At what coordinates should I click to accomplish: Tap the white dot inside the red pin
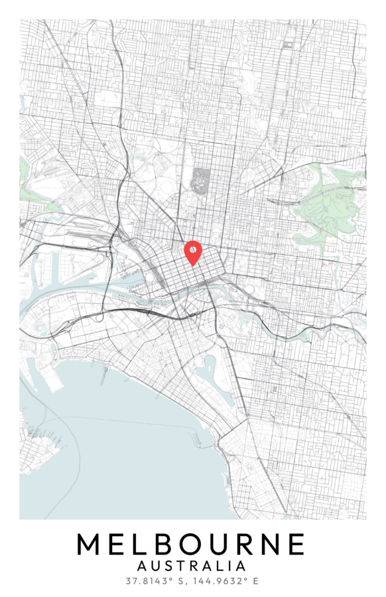[x=192, y=249]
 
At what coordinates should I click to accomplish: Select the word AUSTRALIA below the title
[x=191, y=566]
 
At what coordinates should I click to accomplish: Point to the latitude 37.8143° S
[x=156, y=581]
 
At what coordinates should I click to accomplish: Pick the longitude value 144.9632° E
[x=225, y=581]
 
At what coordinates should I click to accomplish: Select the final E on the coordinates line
[x=255, y=581]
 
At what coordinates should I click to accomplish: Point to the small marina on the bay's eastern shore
[x=196, y=437]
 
